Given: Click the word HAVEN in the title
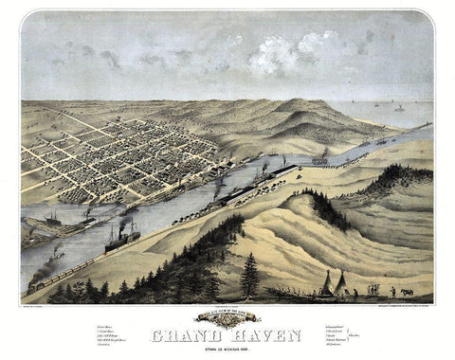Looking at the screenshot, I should pos(264,333).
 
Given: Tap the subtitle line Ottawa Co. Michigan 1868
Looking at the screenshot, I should pos(227,347).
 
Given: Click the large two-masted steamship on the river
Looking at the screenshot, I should pos(122,237).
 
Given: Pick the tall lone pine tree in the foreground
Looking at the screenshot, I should pos(250,275).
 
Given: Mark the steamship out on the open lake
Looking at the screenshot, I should pos(399,108).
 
